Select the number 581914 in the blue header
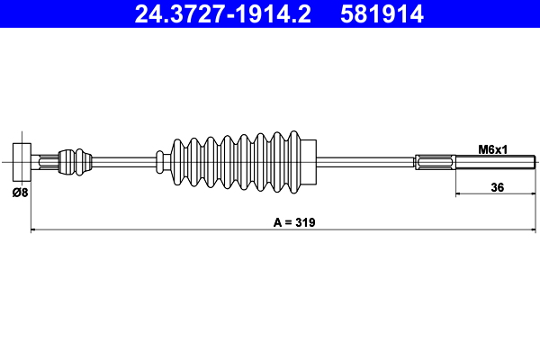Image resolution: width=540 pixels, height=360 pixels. click(382, 14)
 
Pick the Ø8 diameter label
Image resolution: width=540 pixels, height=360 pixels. click(18, 191)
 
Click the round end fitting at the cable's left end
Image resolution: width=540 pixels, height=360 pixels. click(23, 162)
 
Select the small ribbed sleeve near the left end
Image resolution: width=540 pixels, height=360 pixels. click(75, 162)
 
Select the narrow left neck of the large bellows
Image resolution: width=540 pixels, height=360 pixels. click(163, 162)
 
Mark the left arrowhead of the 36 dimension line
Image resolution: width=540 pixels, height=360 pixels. click(459, 193)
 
